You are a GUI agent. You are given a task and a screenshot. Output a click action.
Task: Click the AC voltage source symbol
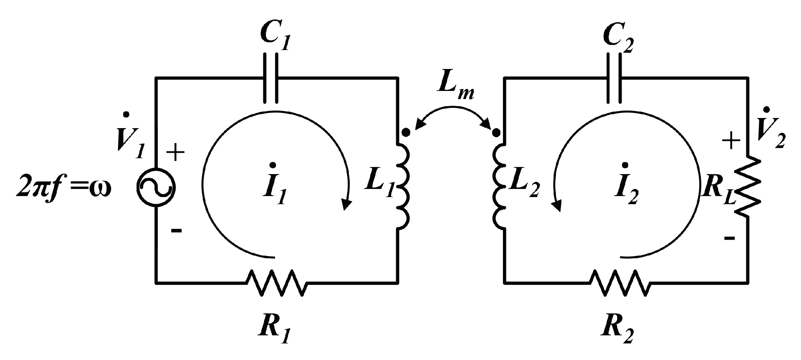click(156, 187)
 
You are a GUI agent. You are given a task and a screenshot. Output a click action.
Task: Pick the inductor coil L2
click(500, 187)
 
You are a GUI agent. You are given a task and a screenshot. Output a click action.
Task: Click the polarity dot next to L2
click(496, 133)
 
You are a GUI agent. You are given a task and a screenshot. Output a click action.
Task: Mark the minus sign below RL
click(729, 238)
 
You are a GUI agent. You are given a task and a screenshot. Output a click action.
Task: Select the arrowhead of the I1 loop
click(346, 205)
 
